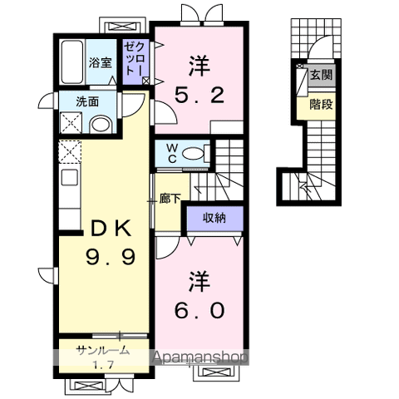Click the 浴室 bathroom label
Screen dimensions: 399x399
pos(100,62)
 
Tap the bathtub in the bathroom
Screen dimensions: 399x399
pos(72,62)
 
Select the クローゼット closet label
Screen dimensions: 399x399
pos(134,58)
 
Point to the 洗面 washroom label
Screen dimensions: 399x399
pos(87,101)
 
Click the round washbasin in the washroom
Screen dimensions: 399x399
pos(101,125)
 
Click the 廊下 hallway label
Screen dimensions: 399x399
pos(170,199)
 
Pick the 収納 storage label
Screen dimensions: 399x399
pos(214,218)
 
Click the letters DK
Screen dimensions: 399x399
pos(111,228)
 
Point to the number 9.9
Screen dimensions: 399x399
pos(111,257)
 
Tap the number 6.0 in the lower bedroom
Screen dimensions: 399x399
pos(199,310)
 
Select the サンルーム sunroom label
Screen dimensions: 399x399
pos(103,351)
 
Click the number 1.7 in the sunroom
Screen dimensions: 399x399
pos(103,365)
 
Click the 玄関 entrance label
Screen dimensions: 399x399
pos(321,75)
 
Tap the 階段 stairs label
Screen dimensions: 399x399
pos(321,105)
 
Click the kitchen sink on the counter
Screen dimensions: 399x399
pos(70,177)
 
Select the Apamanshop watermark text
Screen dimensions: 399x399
pos(199,357)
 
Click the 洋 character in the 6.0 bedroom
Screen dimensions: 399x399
pos(199,282)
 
